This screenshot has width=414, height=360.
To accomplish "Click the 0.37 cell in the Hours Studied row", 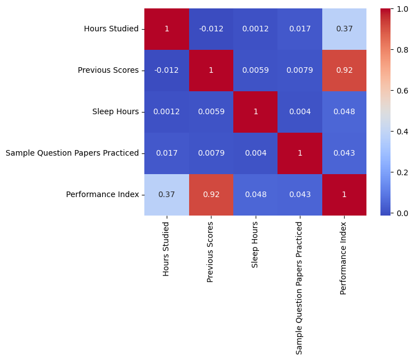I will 344,29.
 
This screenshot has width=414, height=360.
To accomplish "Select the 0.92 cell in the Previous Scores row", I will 344,71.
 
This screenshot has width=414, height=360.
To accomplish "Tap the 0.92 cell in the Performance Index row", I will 211,195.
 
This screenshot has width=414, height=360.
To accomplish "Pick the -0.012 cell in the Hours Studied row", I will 211,29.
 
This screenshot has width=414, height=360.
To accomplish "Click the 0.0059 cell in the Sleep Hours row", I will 211,112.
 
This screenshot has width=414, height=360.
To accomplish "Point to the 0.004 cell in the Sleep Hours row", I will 300,112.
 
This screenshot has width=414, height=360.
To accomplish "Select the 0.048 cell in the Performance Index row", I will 256,195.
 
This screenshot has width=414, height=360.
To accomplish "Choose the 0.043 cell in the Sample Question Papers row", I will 344,153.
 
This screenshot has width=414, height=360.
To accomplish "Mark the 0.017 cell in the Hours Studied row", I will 300,29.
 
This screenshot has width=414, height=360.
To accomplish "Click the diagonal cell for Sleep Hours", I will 256,112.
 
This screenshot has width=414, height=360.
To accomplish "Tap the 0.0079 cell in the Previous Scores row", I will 300,71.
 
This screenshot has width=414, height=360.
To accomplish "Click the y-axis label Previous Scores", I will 108,71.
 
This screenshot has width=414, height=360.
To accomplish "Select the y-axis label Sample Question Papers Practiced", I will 72,153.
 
